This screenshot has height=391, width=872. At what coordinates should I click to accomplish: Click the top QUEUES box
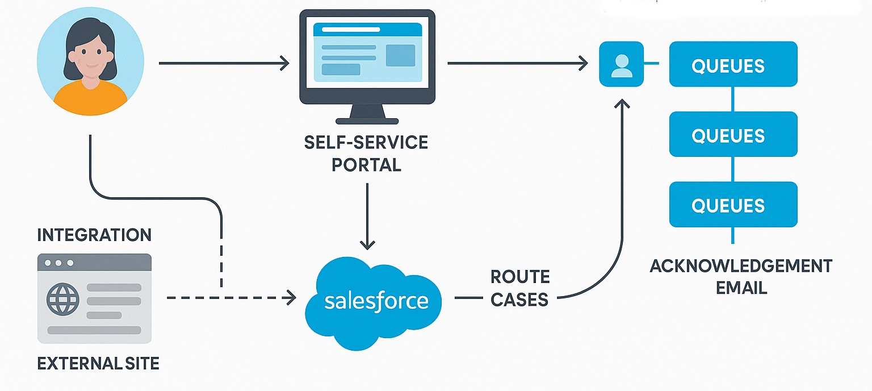point(733,64)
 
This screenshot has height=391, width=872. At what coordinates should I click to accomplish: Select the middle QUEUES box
point(733,134)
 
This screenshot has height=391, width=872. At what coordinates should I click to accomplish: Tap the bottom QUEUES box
point(733,205)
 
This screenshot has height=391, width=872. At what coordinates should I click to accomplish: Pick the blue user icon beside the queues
point(621,64)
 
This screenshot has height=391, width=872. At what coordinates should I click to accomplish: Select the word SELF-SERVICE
point(366,142)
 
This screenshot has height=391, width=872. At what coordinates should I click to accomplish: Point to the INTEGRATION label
point(94,235)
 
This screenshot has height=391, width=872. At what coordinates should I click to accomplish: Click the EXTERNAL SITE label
point(98,363)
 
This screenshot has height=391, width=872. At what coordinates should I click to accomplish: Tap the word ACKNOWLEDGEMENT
point(741,265)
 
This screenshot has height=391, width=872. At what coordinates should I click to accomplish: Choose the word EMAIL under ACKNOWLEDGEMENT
point(741,288)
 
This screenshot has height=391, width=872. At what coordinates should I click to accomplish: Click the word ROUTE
point(520,277)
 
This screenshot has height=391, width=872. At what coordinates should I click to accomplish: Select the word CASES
point(520,299)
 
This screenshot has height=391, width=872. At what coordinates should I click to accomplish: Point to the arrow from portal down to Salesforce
point(368,216)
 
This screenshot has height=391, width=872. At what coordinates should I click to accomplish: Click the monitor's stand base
point(367,120)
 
